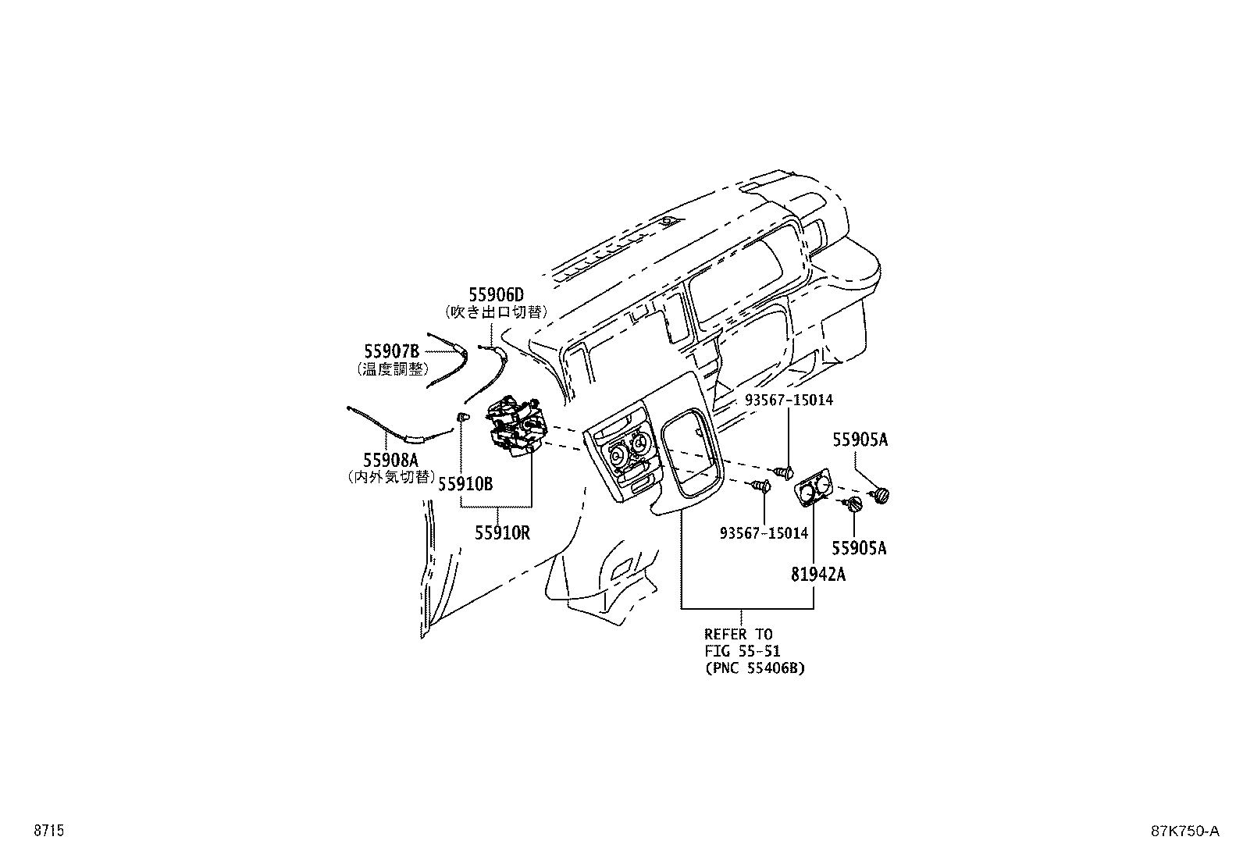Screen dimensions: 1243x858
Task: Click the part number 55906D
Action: click(496, 294)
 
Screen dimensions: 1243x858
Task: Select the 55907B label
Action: click(392, 351)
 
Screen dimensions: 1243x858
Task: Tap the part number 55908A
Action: click(390, 460)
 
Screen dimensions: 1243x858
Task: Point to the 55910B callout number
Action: click(465, 485)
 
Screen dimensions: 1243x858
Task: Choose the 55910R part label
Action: click(502, 533)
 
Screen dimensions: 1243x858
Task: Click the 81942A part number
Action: click(818, 575)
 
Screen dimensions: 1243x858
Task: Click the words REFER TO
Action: click(739, 634)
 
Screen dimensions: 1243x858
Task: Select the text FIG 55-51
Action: click(743, 650)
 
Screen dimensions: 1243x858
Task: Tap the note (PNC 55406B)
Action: click(755, 668)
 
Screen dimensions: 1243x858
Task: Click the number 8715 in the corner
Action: click(49, 831)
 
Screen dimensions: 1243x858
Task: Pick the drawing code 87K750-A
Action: click(1184, 831)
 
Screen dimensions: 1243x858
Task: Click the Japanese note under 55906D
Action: click(496, 312)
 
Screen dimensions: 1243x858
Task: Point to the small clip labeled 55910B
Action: click(463, 417)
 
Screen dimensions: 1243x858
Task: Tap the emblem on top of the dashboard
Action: click(668, 221)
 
